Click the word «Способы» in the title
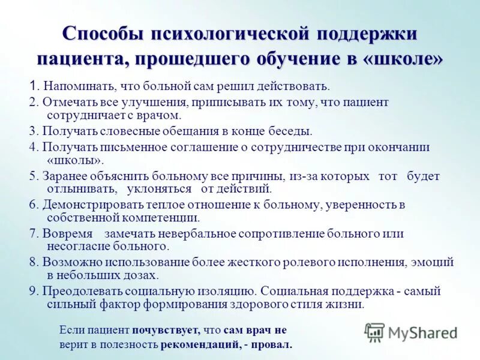click(102, 34)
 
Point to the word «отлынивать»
click(80, 188)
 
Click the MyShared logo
click(411, 332)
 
